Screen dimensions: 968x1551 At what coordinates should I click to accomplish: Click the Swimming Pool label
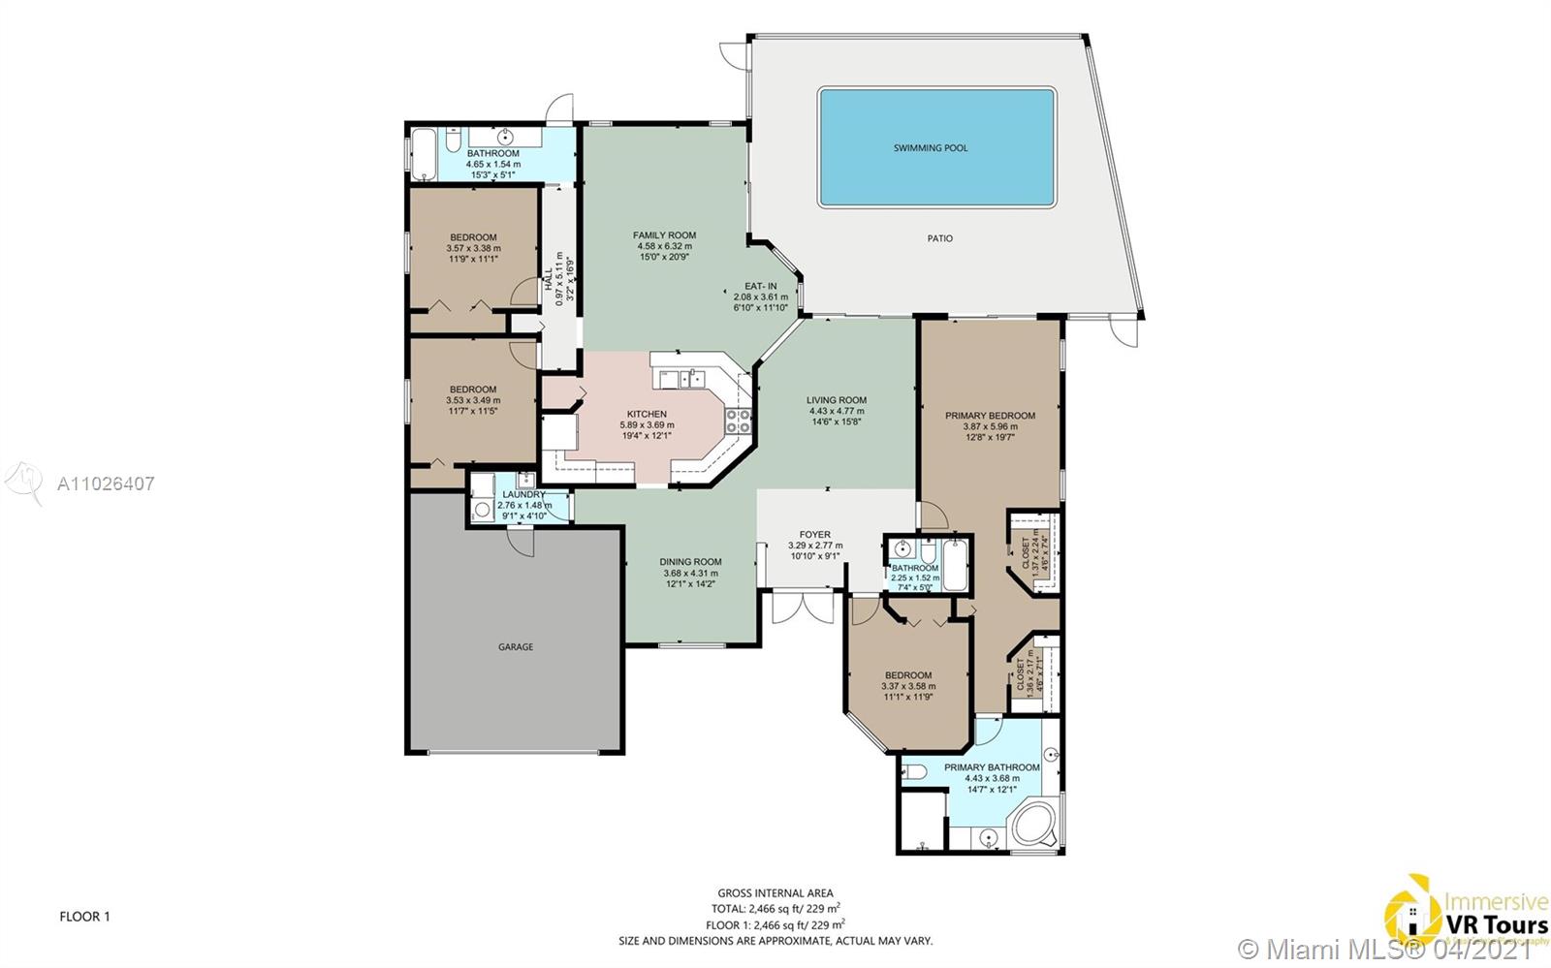930,148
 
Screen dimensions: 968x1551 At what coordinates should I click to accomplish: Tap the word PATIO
939,238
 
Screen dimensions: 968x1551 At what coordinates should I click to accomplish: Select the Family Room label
664,235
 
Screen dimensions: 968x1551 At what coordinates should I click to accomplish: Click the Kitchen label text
647,414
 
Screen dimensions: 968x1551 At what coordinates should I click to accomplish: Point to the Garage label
516,647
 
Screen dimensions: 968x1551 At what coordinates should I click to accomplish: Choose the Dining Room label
690,562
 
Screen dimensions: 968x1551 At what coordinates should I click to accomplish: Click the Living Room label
837,400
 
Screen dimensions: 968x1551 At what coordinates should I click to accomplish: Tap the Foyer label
814,535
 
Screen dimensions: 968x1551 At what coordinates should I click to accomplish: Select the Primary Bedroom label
990,416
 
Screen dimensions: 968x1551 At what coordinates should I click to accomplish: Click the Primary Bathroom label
992,767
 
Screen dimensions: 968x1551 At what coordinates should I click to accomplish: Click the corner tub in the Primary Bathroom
1034,825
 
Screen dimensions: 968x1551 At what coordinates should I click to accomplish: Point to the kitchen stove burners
739,421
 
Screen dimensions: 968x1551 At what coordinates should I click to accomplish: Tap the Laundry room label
523,495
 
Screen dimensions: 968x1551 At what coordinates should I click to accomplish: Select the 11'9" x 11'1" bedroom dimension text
472,259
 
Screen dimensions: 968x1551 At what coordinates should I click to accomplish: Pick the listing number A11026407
106,484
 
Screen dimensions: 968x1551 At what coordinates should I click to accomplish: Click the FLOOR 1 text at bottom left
84,917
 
